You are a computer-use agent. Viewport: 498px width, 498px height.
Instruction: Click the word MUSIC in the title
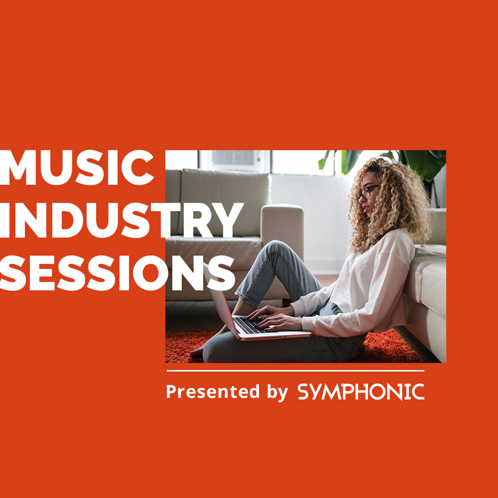(77, 168)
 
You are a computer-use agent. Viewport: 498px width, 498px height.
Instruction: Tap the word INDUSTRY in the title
(122, 220)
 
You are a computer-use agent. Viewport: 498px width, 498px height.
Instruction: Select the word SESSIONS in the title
(118, 273)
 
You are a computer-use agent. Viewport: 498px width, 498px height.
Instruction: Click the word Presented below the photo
(213, 391)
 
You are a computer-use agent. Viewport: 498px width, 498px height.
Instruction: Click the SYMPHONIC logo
(361, 392)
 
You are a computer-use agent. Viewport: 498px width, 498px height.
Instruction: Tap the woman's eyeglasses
(367, 192)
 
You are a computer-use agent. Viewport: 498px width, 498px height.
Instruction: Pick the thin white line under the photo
(295, 371)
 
